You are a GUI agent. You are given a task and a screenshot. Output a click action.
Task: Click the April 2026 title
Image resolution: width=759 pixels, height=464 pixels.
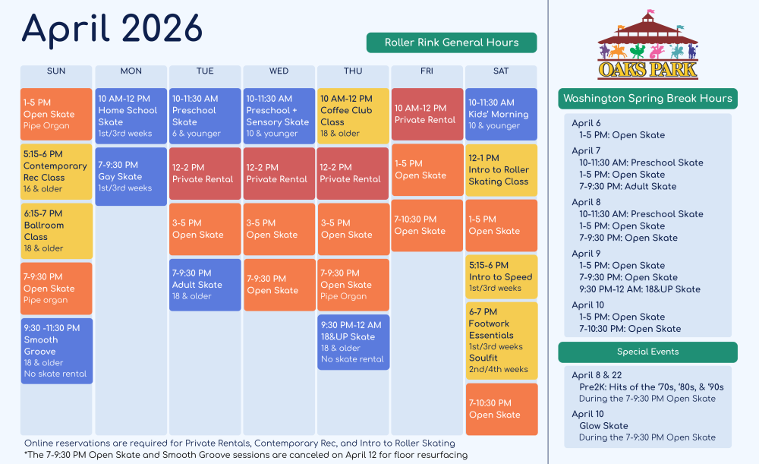click(112, 29)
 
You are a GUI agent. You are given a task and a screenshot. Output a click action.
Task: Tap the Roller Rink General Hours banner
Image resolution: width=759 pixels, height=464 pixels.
click(451, 43)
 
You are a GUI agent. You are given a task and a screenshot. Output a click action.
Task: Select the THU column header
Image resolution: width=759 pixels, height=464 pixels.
click(353, 71)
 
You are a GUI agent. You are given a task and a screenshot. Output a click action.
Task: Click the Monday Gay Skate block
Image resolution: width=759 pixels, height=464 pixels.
click(131, 176)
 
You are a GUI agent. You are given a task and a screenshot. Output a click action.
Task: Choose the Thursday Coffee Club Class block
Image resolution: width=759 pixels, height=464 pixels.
click(353, 115)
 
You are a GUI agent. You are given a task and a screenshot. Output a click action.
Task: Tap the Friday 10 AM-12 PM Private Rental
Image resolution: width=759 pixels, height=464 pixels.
click(427, 114)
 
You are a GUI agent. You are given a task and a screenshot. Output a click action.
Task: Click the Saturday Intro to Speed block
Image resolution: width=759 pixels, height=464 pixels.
click(501, 276)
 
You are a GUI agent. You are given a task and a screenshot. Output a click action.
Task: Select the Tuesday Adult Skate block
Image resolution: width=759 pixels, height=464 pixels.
click(205, 285)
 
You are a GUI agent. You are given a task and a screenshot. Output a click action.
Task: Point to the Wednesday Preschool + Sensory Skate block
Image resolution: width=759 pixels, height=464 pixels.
click(279, 115)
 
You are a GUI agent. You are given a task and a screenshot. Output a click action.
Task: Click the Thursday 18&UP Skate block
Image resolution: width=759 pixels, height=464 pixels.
click(353, 342)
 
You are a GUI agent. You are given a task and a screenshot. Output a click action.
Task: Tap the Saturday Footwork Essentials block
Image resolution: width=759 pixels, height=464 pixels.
click(501, 340)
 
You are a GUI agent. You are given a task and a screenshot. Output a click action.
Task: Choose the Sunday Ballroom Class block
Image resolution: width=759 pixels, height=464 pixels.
click(56, 231)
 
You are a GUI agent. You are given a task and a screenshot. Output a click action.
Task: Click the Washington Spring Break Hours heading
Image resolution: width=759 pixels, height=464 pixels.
click(647, 98)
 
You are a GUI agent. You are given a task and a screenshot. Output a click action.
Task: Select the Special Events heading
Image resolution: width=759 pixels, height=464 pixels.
click(647, 352)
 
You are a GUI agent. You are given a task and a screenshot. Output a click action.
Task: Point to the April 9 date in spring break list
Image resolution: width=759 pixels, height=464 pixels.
click(586, 254)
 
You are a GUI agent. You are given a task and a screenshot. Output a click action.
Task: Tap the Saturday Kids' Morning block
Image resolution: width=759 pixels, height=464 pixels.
click(501, 114)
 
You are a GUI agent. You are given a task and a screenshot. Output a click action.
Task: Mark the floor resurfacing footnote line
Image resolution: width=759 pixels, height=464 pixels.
click(246, 455)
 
